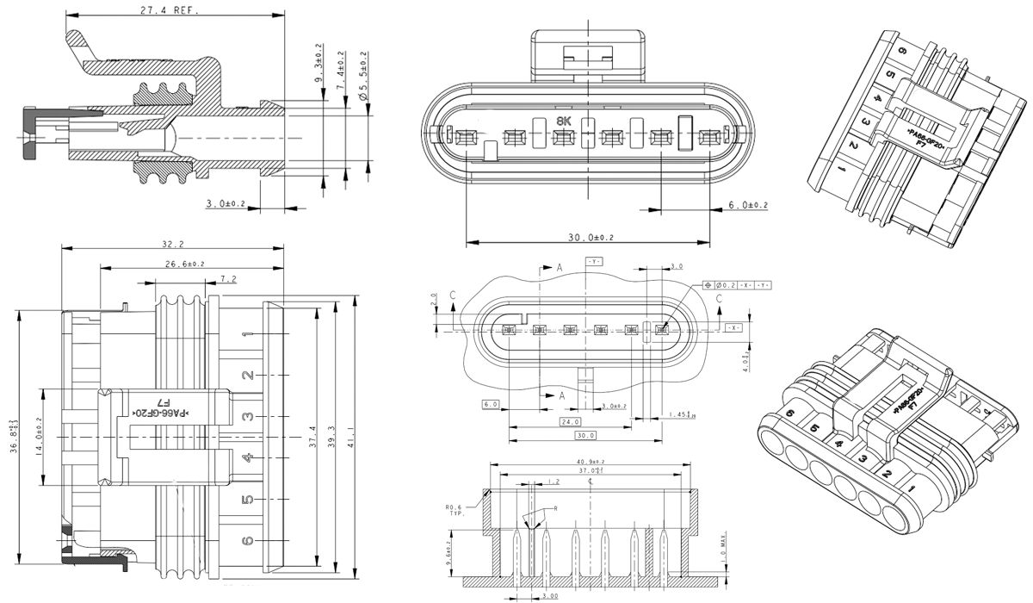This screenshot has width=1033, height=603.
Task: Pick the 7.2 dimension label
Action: coord(229,279)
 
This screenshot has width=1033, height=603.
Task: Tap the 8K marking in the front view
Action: coord(564,121)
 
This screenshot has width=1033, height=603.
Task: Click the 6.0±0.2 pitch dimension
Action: coord(747,205)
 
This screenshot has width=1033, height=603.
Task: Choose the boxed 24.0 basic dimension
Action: coord(569,421)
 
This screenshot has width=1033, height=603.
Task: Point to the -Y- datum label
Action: coord(594,260)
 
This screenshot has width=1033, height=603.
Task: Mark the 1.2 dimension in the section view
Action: coord(553,482)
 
